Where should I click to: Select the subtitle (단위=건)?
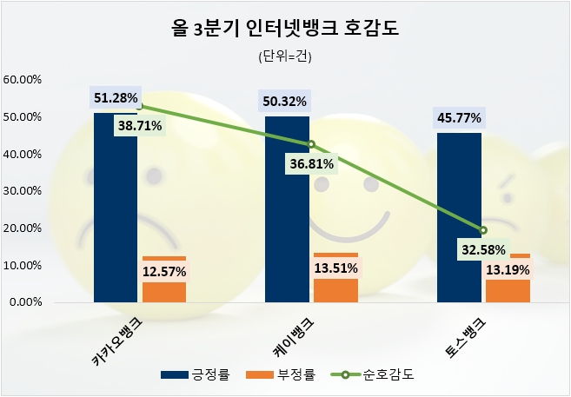(284, 57)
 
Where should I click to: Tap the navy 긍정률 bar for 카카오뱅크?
(115, 208)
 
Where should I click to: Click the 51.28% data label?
(116, 98)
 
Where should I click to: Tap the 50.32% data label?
(284, 102)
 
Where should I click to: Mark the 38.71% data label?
(140, 125)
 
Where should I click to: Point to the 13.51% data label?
(335, 268)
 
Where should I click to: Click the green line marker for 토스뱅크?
(484, 230)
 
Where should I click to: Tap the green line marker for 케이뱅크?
(311, 144)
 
